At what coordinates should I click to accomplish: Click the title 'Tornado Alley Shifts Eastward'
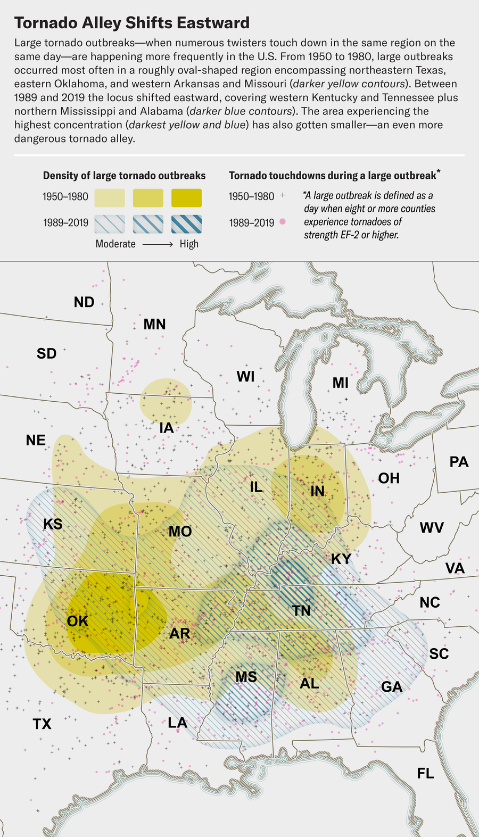[x=132, y=23]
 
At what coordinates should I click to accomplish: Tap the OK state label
[x=78, y=621]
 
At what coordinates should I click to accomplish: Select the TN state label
[x=302, y=610]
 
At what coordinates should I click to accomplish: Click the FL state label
[x=425, y=773]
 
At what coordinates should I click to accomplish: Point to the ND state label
[x=84, y=302]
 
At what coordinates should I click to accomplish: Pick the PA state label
[x=459, y=461]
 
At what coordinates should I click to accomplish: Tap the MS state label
[x=246, y=677]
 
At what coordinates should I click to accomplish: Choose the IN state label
[x=317, y=491]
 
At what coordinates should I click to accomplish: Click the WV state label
[x=431, y=528]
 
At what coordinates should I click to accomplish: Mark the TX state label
[x=42, y=724]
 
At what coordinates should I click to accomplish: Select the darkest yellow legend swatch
[x=186, y=198]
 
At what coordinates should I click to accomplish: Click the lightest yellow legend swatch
[x=110, y=198]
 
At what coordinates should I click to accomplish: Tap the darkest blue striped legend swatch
[x=186, y=224]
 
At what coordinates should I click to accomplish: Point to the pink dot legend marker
[x=283, y=221]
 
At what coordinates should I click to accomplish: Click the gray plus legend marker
[x=283, y=196]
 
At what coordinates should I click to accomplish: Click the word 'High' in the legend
[x=189, y=244]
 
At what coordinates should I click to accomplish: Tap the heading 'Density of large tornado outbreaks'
[x=124, y=176]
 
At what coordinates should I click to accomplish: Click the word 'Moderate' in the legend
[x=115, y=244]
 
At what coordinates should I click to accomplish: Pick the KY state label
[x=341, y=559]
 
